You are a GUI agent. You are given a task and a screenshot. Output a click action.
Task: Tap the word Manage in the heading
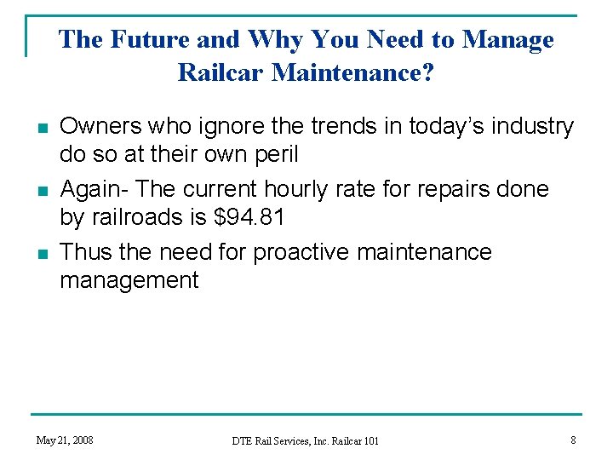pos(508,39)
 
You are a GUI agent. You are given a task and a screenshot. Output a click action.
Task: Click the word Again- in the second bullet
pos(91,189)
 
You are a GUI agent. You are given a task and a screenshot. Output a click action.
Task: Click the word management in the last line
pos(129,280)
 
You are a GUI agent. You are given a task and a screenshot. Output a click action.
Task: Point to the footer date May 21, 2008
pos(65,440)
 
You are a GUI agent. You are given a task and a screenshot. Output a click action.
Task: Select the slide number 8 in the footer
pos(573,440)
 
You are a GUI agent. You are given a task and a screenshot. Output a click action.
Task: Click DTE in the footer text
pos(243,440)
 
